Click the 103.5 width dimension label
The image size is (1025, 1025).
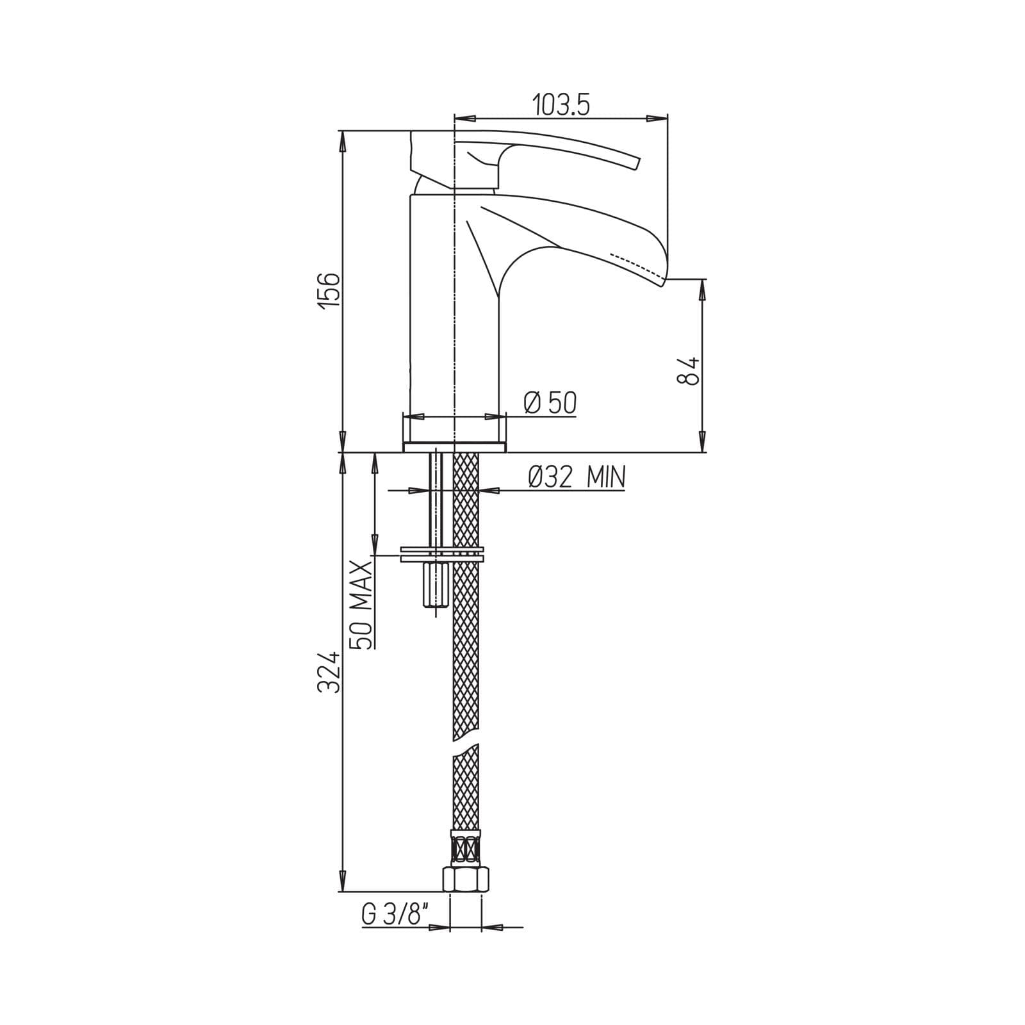pyautogui.click(x=561, y=104)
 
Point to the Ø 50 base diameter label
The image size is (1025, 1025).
pyautogui.click(x=550, y=403)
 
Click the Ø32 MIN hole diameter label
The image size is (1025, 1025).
pyautogui.click(x=577, y=477)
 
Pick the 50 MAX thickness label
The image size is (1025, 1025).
pyautogui.click(x=362, y=605)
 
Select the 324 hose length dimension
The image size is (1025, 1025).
pyautogui.click(x=329, y=673)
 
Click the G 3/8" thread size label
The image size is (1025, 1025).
pyautogui.click(x=392, y=915)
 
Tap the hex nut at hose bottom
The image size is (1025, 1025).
pyautogui.click(x=466, y=879)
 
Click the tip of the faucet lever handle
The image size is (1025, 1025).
pyautogui.click(x=637, y=163)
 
